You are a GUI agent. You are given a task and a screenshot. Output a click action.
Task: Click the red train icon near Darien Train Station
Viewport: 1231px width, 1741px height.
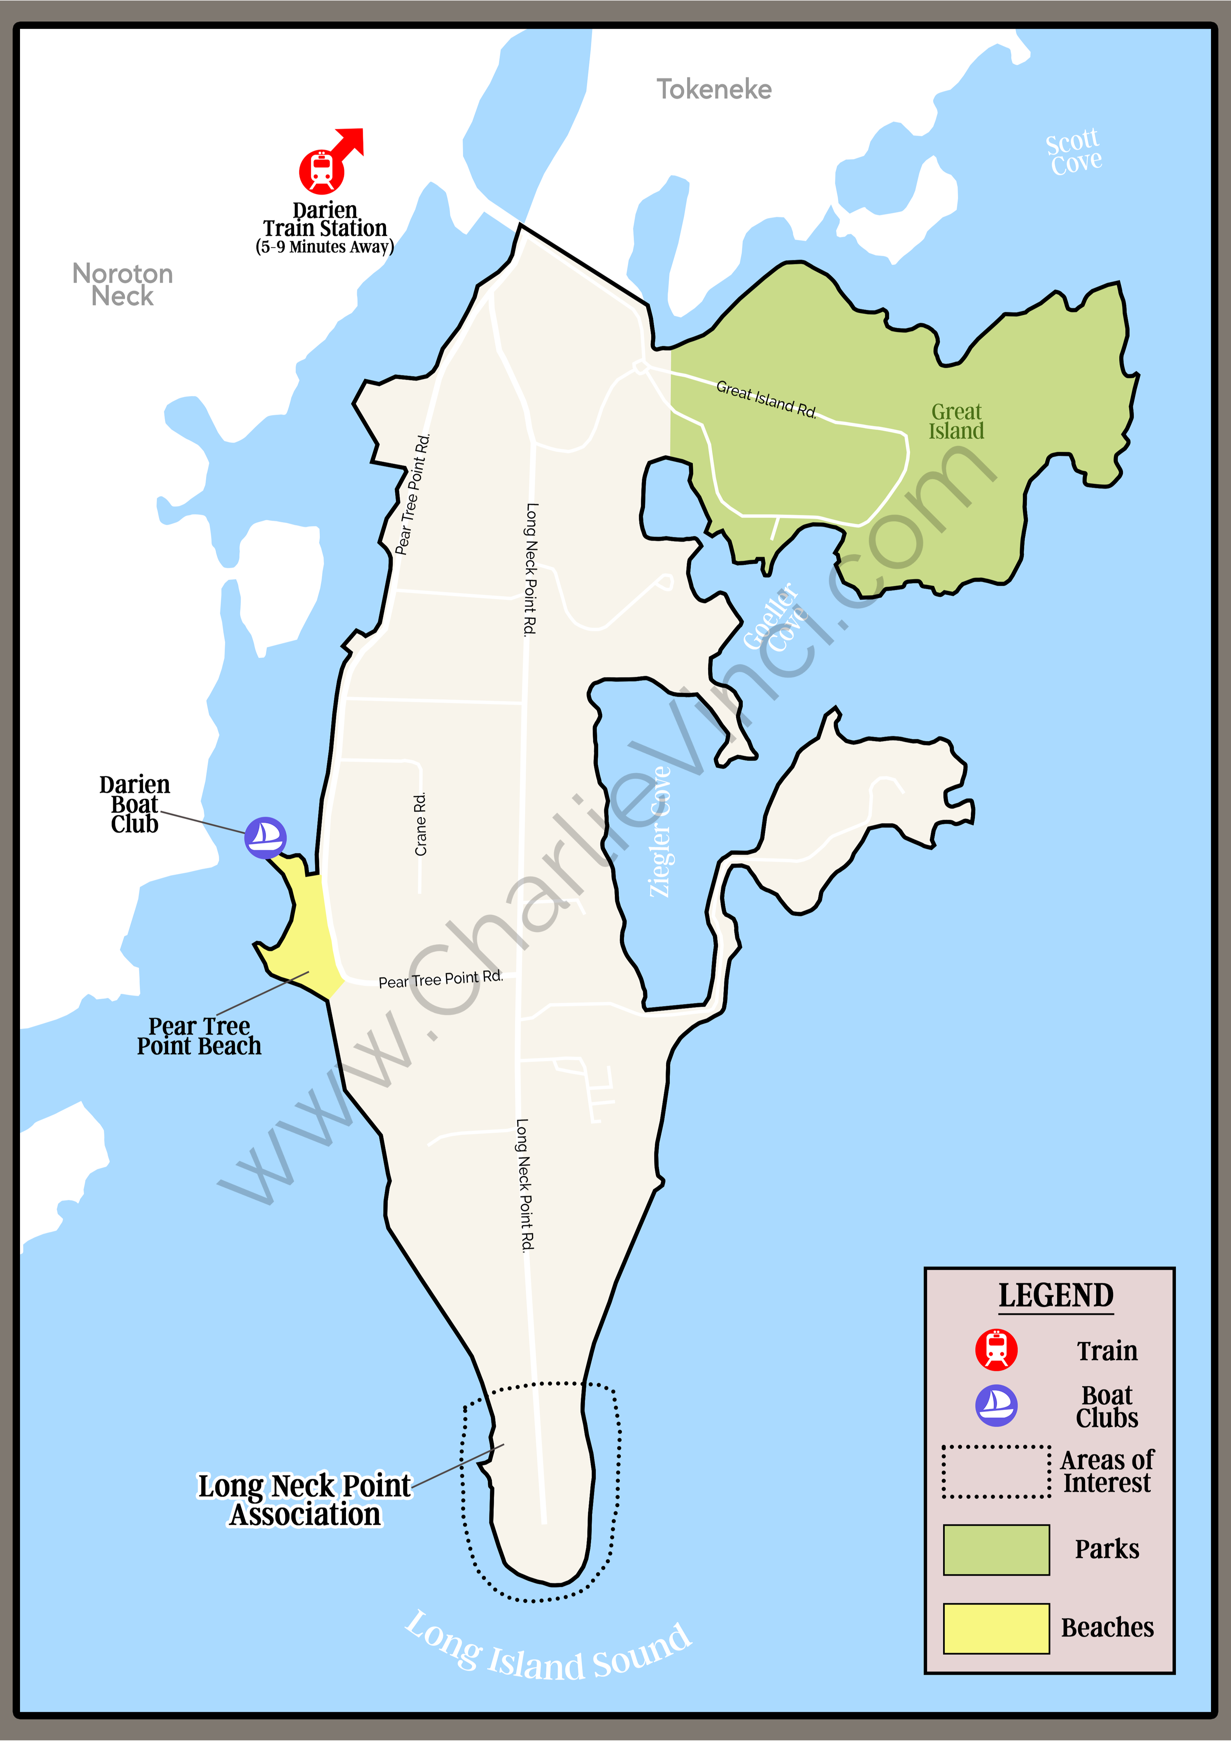[321, 171]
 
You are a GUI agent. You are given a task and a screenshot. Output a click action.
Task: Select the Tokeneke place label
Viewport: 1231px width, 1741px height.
[714, 89]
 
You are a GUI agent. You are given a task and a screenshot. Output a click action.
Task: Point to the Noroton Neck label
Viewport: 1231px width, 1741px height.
[123, 284]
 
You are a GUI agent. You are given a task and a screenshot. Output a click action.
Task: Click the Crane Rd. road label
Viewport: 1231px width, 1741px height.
[421, 824]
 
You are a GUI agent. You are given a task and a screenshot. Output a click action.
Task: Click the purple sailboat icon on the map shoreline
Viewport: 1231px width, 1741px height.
[265, 837]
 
